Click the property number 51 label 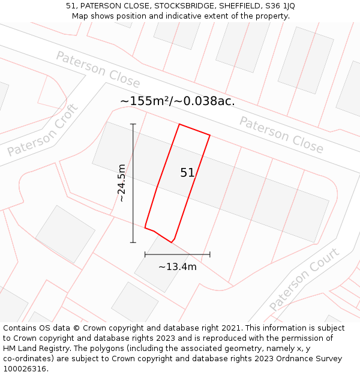click(187, 173)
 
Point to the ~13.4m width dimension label click(178, 266)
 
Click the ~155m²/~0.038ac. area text click(178, 101)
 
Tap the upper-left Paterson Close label click(98, 70)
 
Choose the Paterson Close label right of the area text click(281, 135)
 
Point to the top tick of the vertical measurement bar click(133, 124)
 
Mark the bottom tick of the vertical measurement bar click(133, 242)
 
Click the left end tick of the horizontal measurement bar click(145, 254)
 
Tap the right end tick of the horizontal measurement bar click(210, 254)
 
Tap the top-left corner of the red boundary click(179, 124)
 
